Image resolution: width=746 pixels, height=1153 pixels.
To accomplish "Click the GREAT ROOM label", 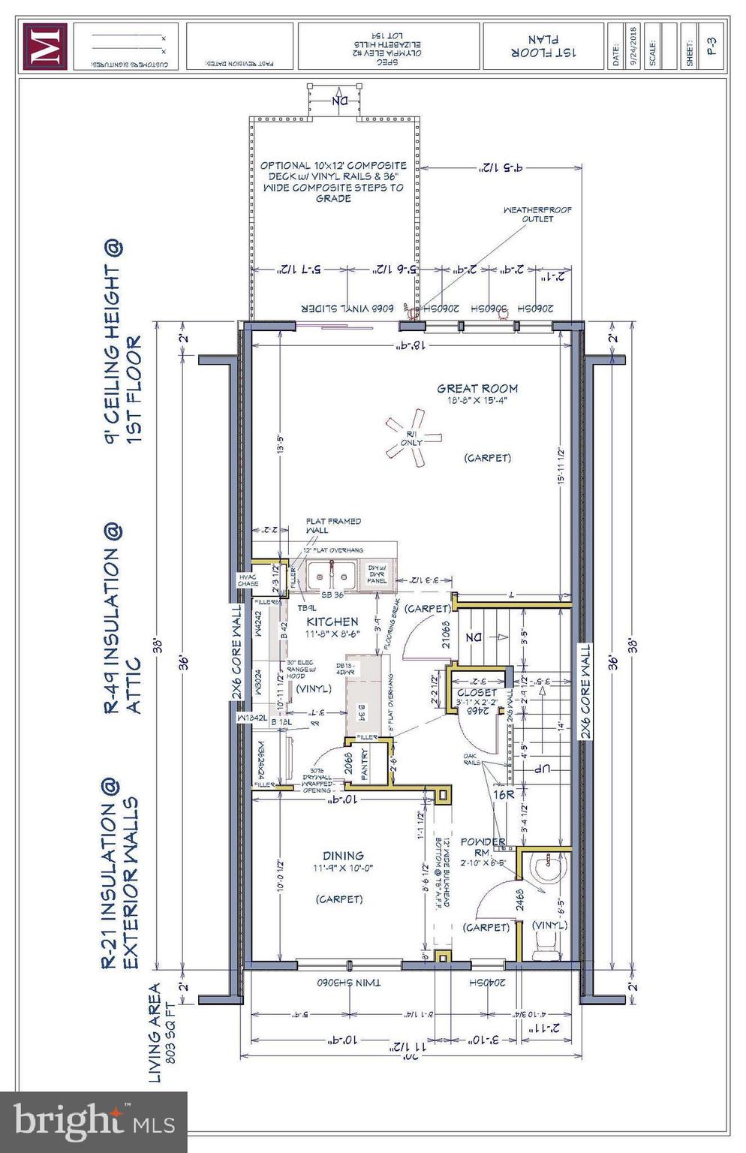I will coord(477,388).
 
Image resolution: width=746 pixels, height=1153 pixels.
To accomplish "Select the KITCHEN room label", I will coord(332,622).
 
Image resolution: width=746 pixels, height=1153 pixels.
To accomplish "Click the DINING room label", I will coord(343,855).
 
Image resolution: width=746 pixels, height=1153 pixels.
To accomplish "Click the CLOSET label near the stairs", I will coord(477,692).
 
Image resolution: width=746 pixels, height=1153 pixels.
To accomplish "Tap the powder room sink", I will coord(546,869).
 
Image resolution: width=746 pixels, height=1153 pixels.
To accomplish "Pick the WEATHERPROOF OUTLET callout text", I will coord(537,215).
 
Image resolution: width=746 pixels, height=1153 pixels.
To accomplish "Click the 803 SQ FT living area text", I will coord(171,1032).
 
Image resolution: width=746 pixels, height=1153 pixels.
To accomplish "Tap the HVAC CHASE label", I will coord(248,580).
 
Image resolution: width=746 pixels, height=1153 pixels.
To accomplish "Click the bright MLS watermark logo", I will coord(94,1121).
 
